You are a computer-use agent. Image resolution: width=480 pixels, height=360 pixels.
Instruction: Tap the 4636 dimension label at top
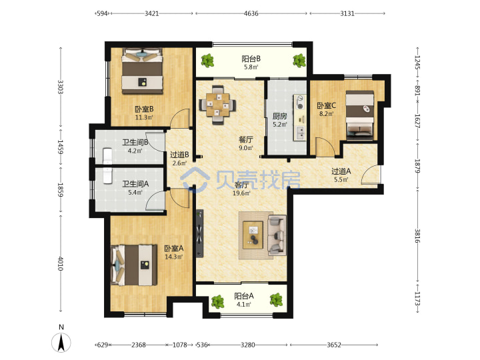click(251, 13)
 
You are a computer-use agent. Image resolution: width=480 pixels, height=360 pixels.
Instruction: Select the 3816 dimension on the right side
click(417, 236)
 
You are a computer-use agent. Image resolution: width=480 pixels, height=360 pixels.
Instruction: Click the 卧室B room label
click(144, 109)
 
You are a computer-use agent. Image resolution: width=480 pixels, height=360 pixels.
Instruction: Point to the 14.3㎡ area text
click(173, 257)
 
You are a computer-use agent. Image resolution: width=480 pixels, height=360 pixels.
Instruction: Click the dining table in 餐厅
click(217, 105)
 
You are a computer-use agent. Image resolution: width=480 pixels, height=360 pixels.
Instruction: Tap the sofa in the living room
click(277, 235)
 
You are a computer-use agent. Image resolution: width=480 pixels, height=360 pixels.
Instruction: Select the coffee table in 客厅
click(253, 235)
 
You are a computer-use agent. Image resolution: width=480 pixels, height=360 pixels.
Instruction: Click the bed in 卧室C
click(360, 115)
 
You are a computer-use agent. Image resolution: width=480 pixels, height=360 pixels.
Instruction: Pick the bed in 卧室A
click(134, 265)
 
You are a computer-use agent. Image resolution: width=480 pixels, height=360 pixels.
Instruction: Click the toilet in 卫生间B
click(107, 156)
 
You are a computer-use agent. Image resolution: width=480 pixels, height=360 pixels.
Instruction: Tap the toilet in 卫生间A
click(107, 176)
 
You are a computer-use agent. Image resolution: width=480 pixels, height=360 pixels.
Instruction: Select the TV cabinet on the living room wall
click(199, 233)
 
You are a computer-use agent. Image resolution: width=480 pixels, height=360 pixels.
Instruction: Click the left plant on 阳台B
click(207, 61)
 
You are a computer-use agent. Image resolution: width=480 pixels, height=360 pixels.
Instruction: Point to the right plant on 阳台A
click(276, 300)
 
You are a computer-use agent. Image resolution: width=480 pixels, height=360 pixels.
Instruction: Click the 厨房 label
click(280, 116)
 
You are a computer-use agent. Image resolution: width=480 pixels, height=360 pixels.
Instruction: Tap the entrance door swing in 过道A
click(370, 175)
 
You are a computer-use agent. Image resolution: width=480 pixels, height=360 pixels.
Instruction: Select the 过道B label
click(179, 155)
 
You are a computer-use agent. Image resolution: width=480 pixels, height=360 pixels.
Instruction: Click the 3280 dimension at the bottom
click(247, 345)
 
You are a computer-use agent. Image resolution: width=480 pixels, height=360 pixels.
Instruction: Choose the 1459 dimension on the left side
click(61, 147)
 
